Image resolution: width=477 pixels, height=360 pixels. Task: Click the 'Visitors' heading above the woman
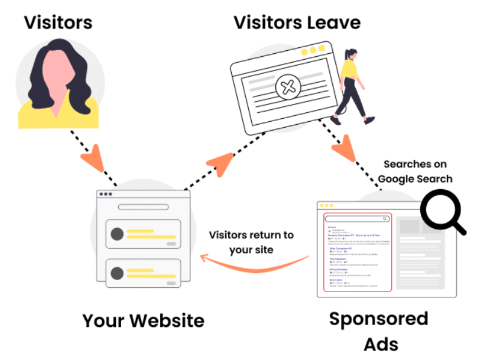[x=58, y=22]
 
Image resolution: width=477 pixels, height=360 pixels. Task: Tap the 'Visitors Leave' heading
[x=297, y=22]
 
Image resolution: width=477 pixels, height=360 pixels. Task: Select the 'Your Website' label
[x=143, y=320]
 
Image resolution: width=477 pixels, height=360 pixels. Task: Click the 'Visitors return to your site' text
[x=251, y=242]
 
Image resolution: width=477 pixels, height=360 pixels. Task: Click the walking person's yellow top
[x=350, y=70]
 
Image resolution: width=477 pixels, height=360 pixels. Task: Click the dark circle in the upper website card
[x=117, y=233]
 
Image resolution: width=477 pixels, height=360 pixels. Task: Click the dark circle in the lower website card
[x=117, y=273]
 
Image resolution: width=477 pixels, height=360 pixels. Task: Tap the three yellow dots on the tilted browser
[x=313, y=50]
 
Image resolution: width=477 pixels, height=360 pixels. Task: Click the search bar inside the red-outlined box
[x=357, y=219]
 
